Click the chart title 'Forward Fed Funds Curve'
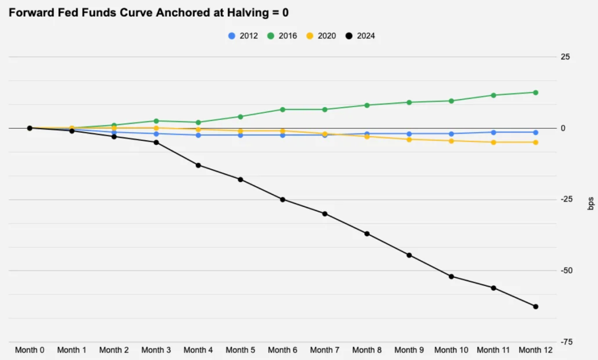(x=149, y=12)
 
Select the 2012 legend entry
(x=243, y=36)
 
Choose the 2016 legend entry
(x=282, y=36)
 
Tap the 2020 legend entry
(x=321, y=36)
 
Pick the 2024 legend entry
(x=360, y=36)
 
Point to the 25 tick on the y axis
(x=565, y=57)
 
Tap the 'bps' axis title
(x=591, y=203)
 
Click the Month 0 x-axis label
(x=30, y=350)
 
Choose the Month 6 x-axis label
(x=282, y=350)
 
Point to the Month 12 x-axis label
(x=536, y=350)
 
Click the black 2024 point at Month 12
(x=536, y=306)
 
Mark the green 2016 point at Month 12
(x=536, y=92)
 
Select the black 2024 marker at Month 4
(x=198, y=165)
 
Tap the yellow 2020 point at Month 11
(x=493, y=142)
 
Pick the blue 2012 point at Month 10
(x=451, y=134)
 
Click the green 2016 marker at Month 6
(x=282, y=109)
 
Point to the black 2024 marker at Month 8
(x=367, y=234)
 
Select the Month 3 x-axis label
(x=156, y=350)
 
